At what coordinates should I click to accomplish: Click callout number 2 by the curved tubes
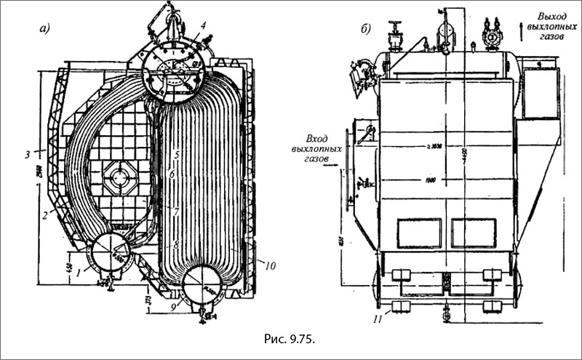45,215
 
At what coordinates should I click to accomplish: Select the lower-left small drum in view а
109,255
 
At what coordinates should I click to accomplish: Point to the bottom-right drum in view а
203,287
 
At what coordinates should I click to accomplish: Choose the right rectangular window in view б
473,235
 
